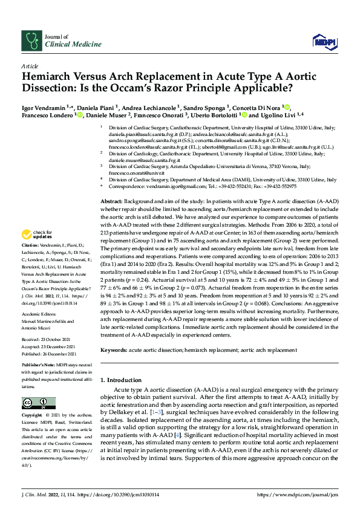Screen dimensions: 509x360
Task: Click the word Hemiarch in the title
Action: [x=50, y=77]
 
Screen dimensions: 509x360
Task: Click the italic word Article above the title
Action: [x=30, y=65]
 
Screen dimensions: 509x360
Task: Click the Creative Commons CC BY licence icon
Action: [x=35, y=403]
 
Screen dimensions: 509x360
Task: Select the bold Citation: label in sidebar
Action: [x=31, y=250]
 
